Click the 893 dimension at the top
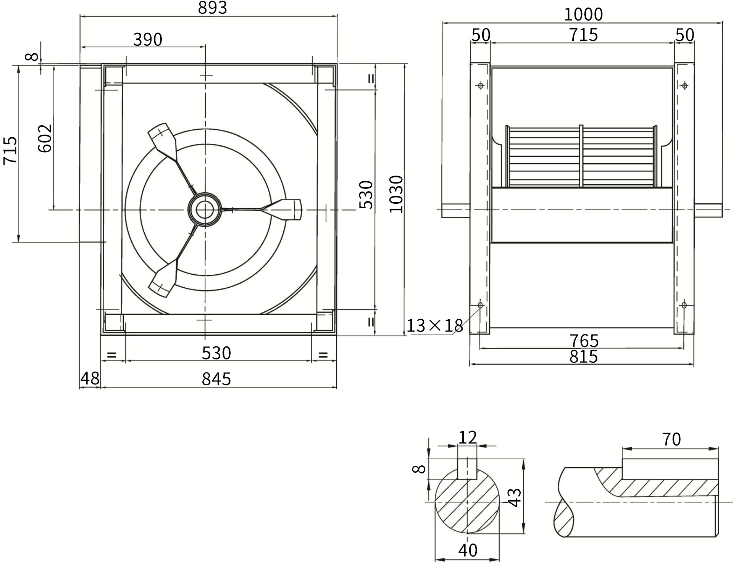click(212, 7)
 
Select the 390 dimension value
click(148, 39)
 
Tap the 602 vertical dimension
click(45, 138)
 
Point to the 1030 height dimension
click(396, 194)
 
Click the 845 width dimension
click(216, 379)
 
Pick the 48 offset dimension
click(90, 378)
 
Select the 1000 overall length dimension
click(583, 14)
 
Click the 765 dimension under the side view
click(584, 340)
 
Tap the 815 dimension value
click(584, 356)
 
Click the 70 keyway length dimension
click(671, 439)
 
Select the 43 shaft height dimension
click(515, 497)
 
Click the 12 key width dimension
click(468, 438)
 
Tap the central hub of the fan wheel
click(205, 209)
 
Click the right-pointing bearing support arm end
click(286, 209)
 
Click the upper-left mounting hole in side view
click(481, 85)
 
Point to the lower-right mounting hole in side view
click(684, 305)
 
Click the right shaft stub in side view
click(708, 210)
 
